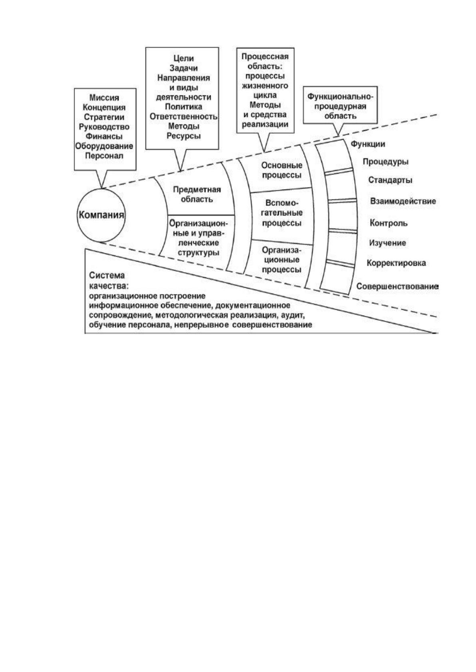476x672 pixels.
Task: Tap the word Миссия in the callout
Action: click(104, 97)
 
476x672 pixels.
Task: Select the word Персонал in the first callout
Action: click(104, 156)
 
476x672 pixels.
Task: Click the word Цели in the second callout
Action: click(183, 59)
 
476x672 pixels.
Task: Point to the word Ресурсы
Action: click(183, 136)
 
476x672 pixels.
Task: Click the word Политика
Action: click(183, 107)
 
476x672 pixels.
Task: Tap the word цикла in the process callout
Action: click(265, 95)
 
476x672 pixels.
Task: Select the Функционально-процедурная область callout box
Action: click(340, 105)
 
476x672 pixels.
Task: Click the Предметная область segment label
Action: click(197, 194)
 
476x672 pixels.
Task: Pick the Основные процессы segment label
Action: click(282, 170)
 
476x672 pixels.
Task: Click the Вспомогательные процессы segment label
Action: click(282, 213)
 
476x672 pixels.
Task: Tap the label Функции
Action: click(368, 144)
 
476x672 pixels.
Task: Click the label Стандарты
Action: click(390, 180)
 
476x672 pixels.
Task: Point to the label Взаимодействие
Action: click(403, 201)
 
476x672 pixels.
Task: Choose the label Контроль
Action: click(388, 223)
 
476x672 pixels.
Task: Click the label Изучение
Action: click(387, 243)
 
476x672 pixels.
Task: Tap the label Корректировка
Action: click(396, 263)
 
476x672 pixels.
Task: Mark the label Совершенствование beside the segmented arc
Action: click(397, 287)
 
